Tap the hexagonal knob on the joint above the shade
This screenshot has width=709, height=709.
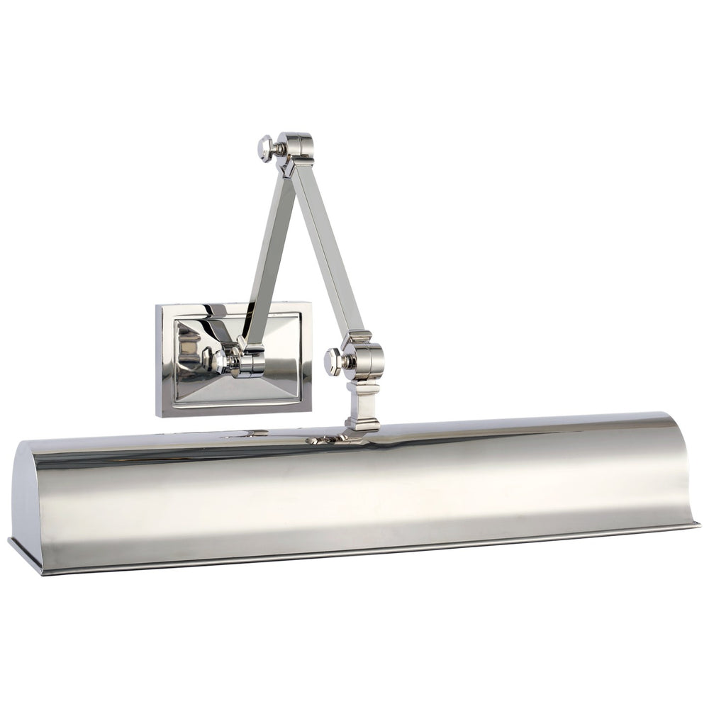[331, 361]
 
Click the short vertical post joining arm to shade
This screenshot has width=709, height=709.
[362, 401]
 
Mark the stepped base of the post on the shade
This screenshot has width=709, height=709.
[362, 425]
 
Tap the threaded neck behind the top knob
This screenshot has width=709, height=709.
[280, 150]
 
